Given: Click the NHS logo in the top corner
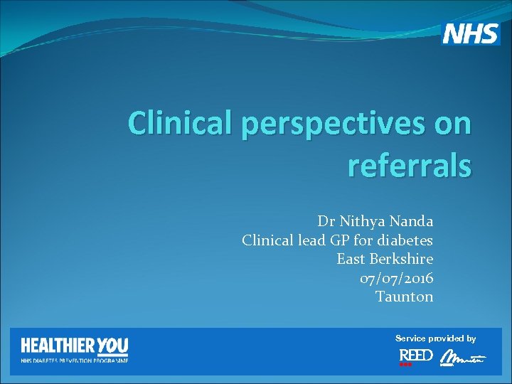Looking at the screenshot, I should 471,33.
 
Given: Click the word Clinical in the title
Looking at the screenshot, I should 181,124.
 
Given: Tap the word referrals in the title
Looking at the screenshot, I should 409,166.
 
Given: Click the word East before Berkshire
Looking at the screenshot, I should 351,259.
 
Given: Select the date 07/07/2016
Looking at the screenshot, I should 396,278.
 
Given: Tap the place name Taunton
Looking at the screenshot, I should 404,297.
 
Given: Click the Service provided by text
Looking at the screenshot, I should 436,338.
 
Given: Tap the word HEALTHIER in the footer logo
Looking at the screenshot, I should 58,346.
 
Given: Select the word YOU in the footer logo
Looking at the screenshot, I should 112,346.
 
